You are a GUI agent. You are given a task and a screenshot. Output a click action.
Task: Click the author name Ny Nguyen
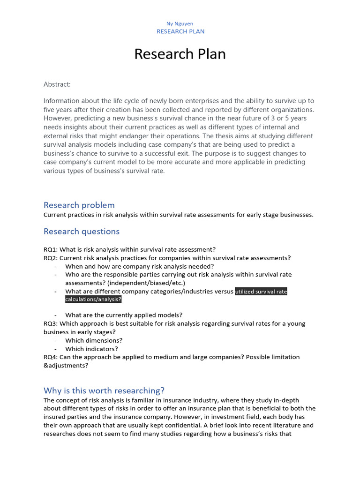click(180, 23)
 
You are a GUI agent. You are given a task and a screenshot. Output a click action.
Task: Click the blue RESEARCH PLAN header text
click(180, 31)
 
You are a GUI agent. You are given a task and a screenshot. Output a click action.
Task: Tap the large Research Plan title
click(180, 54)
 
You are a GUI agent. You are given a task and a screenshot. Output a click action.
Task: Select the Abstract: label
click(57, 84)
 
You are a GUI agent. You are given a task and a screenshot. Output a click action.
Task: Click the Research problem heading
click(79, 205)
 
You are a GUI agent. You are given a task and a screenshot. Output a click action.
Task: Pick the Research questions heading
click(82, 231)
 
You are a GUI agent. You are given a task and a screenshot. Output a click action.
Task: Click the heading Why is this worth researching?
click(104, 390)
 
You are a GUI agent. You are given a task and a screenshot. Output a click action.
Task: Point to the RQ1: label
click(51, 249)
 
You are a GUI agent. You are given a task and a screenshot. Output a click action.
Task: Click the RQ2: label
click(51, 258)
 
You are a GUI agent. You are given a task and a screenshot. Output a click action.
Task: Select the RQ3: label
click(51, 323)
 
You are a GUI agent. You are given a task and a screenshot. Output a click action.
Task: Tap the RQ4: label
click(51, 357)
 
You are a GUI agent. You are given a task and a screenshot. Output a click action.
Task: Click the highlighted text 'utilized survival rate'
click(261, 292)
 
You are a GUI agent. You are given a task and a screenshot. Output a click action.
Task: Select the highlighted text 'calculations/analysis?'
click(93, 300)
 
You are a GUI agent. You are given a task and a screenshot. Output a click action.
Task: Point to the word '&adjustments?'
click(66, 365)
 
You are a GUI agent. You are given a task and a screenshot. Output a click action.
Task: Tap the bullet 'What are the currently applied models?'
click(124, 315)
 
